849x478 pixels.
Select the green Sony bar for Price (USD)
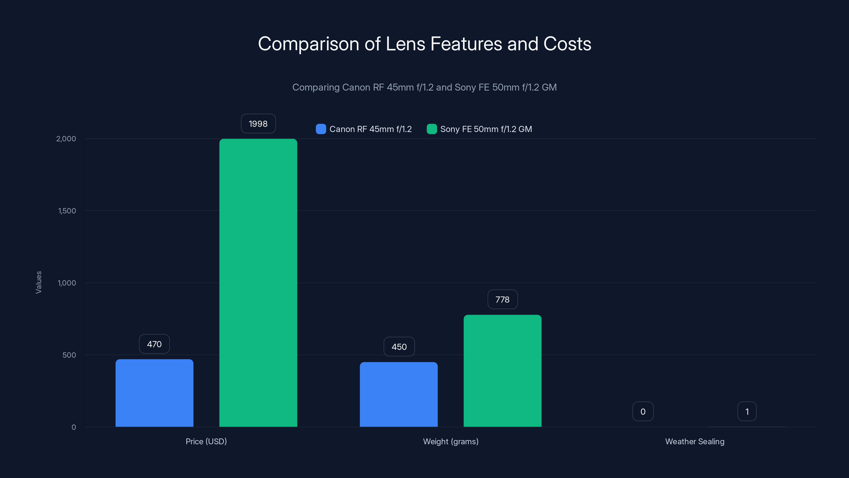(258, 283)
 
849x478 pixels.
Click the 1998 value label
(258, 124)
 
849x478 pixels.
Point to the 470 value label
(154, 344)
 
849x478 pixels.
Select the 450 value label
(399, 347)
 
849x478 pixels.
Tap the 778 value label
(502, 300)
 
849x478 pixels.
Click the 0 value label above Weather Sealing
(643, 411)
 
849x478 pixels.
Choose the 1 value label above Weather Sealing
(747, 411)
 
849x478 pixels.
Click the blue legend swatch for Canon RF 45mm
(321, 129)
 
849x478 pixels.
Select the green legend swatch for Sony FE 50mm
(432, 129)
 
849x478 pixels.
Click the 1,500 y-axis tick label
(67, 211)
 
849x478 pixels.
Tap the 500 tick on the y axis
(69, 355)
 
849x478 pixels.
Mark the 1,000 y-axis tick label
(67, 283)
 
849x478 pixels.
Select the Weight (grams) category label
(451, 441)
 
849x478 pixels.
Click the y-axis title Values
(38, 282)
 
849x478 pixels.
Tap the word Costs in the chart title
(567, 44)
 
